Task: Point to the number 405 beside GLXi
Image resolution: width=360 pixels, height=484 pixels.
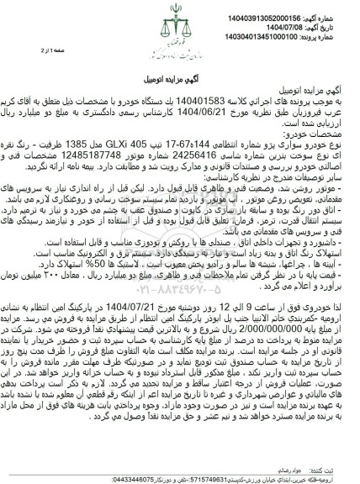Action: [146, 155]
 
